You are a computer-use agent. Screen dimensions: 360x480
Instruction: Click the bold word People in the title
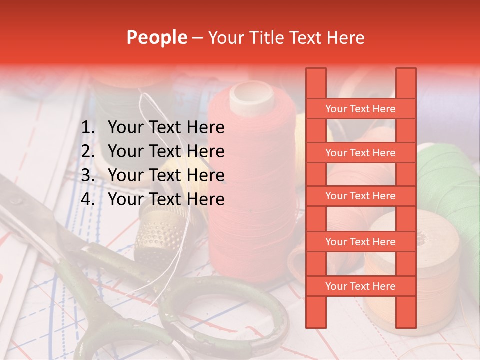[x=157, y=37]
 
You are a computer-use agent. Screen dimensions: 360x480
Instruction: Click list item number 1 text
[x=166, y=128]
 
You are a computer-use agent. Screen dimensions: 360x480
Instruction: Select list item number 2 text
[x=166, y=151]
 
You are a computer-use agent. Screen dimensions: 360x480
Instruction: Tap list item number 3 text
[x=166, y=175]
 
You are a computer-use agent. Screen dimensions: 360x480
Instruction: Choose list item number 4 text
[x=166, y=199]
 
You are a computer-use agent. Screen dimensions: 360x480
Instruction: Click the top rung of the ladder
[x=360, y=109]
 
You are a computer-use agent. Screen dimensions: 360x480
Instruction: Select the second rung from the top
[x=360, y=153]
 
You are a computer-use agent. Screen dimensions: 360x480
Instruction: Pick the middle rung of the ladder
[x=360, y=196]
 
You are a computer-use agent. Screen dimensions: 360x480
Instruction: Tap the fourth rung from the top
[x=360, y=242]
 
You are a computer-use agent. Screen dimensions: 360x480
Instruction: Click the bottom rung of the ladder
[x=360, y=286]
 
